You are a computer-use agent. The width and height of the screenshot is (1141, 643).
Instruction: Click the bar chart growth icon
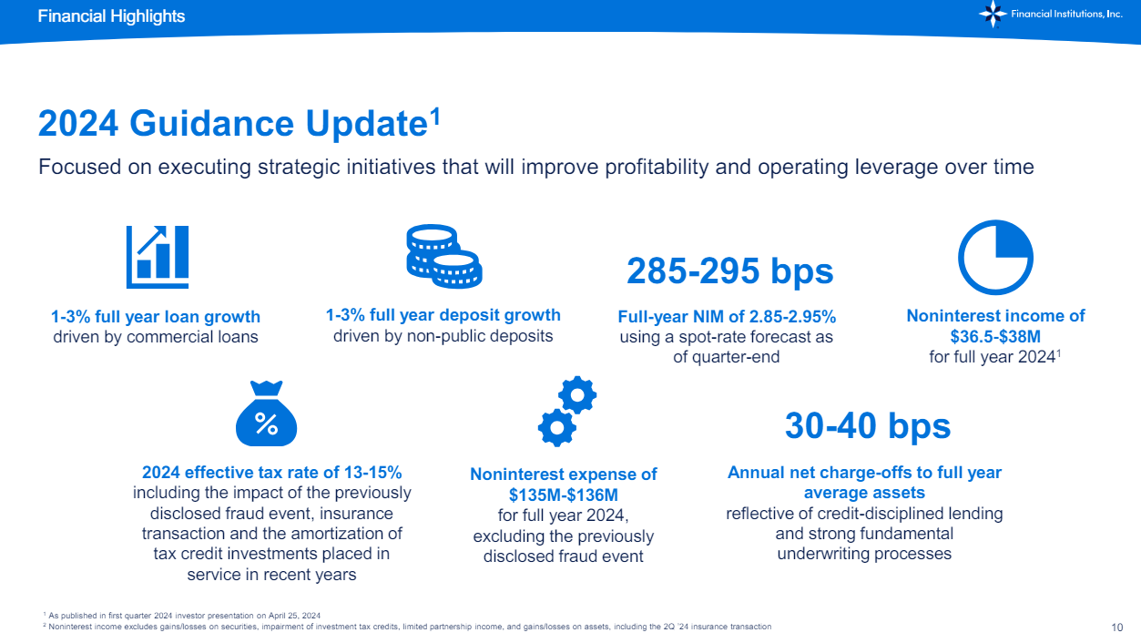pos(157,252)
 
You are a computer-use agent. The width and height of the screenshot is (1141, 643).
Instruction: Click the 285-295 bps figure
pos(730,270)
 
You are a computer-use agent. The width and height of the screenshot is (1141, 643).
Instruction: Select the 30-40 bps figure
pos(867,425)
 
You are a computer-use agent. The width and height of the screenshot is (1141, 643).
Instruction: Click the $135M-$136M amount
pos(563,495)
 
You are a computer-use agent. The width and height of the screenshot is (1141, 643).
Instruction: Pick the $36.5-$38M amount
pos(995,336)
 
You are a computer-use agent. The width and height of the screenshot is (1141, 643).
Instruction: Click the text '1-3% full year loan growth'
pos(156,317)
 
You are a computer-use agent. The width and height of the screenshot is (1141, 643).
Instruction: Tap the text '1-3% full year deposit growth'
pos(443,315)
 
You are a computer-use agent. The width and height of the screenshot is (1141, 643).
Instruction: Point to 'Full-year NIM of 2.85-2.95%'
pos(727,317)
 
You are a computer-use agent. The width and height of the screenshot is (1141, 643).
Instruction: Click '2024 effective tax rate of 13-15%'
pos(272,473)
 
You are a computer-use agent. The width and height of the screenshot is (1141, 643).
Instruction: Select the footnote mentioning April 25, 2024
pos(181,615)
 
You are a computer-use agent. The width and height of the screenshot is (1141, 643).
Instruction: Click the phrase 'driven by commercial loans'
pos(156,337)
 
